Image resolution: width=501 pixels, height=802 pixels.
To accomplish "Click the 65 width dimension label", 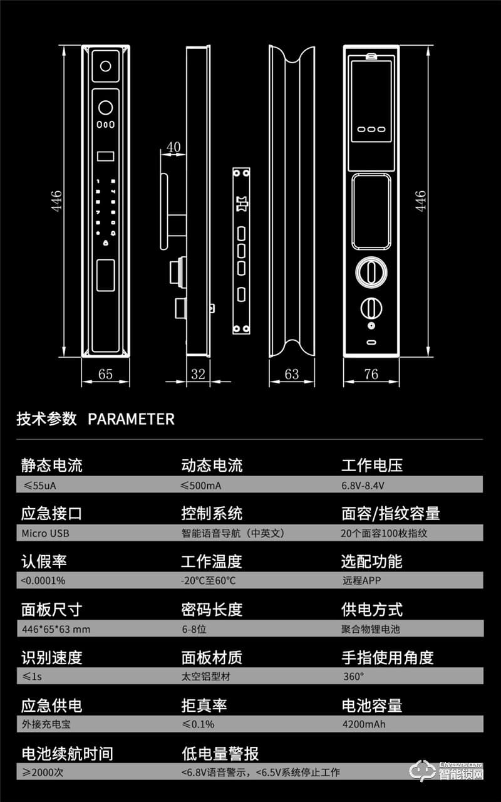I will [x=105, y=374].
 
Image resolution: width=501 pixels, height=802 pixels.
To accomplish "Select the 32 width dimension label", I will [x=198, y=374].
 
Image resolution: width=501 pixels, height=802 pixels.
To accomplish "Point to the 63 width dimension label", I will [x=292, y=374].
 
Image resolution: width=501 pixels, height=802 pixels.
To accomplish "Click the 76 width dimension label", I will [x=371, y=374].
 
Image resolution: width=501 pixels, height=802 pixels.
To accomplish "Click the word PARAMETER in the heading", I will [x=131, y=419].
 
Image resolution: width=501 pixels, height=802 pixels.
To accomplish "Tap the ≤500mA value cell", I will [x=201, y=486].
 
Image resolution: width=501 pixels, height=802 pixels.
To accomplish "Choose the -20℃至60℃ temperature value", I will [x=208, y=581].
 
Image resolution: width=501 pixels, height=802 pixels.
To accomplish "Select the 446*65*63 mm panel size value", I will [x=56, y=629].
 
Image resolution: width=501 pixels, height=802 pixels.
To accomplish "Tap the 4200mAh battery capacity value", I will [x=364, y=725].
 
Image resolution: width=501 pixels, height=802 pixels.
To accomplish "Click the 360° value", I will [x=353, y=677].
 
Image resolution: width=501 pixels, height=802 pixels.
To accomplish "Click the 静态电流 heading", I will [x=51, y=466].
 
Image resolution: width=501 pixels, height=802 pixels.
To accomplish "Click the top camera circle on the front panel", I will [x=105, y=66].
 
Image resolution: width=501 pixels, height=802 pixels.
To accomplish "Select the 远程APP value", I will [x=361, y=581].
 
